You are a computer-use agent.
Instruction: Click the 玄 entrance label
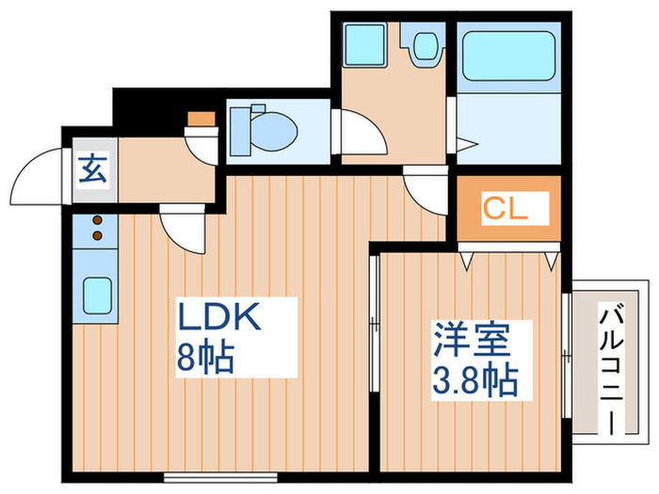pos(91,169)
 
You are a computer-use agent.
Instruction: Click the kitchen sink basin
pos(96,294)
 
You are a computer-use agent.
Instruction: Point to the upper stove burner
pos(96,220)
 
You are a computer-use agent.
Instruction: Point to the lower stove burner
pos(96,235)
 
